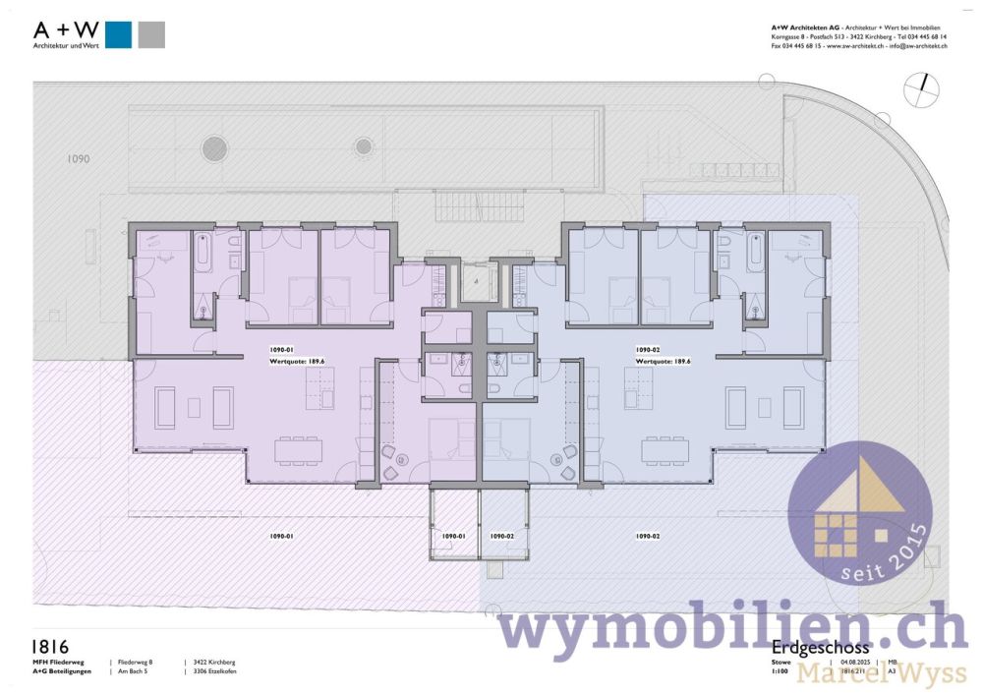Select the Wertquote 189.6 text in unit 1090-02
point(663,361)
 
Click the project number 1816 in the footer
point(50,646)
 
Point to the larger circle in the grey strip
point(214,148)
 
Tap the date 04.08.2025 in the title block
point(858,662)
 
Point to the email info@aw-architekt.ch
point(918,46)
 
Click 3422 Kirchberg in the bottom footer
point(214,663)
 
